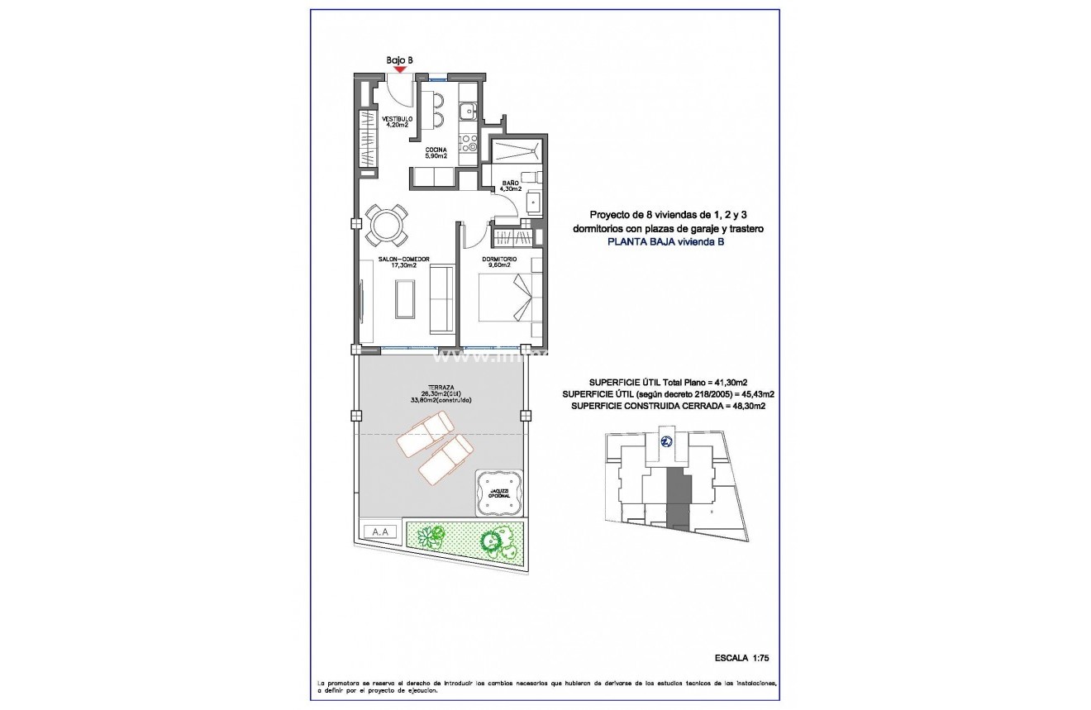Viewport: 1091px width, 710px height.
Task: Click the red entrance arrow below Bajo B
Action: pos(400,69)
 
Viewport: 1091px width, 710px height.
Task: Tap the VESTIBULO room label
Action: pos(397,122)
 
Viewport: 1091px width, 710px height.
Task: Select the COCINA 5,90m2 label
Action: pos(436,153)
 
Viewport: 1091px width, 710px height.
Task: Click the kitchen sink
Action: pos(468,108)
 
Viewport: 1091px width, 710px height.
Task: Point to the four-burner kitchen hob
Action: pos(469,144)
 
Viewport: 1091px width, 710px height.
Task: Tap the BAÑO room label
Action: pos(509,185)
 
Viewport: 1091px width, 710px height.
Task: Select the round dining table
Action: pos(387,224)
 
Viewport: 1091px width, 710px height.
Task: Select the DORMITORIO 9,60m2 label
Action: pos(501,262)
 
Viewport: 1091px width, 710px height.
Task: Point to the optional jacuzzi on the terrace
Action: pos(500,493)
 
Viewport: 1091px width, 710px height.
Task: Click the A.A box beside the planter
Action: pos(380,532)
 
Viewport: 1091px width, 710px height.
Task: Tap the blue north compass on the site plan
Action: pos(666,441)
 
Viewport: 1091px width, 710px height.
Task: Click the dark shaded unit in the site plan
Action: pos(678,496)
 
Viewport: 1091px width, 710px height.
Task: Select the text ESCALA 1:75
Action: pos(741,658)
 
